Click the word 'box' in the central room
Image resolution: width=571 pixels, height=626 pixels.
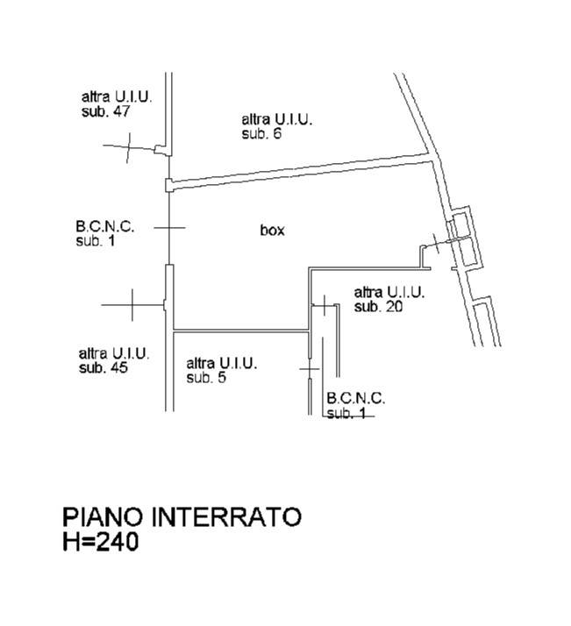click(272, 230)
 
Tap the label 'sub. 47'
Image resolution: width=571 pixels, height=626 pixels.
click(105, 111)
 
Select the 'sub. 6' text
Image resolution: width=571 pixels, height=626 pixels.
click(261, 133)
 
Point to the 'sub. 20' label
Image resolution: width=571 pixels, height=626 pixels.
click(378, 307)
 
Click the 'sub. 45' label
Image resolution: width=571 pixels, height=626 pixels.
click(103, 367)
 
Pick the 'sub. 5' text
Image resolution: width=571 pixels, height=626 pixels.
click(206, 377)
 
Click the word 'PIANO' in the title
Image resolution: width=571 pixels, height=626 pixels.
click(103, 516)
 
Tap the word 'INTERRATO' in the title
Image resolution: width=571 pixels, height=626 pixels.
click(226, 516)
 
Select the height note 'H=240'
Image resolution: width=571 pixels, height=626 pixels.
click(101, 542)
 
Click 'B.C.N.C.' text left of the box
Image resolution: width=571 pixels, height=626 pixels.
click(105, 227)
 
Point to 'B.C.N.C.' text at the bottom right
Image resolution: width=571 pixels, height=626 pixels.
click(356, 398)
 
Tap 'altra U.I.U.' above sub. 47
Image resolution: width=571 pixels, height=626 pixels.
click(117, 97)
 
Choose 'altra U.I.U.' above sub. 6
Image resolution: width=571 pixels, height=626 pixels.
click(276, 119)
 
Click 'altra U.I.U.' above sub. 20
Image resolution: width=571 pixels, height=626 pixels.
click(389, 293)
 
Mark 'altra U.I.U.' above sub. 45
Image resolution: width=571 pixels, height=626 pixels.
click(114, 353)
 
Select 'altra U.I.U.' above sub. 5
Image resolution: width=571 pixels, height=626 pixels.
click(222, 363)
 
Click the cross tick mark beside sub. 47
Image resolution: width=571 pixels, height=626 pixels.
click(129, 147)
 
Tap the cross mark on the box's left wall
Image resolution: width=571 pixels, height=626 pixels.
click(169, 228)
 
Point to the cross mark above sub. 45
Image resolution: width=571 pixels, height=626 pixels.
click(132, 305)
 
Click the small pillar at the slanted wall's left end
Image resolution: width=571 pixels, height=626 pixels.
click(169, 185)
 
